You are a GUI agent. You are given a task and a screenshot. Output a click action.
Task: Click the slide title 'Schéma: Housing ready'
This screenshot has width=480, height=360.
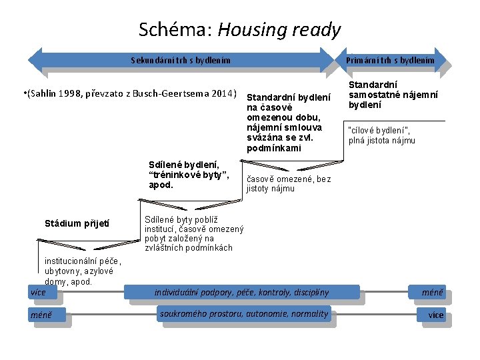click(x=239, y=30)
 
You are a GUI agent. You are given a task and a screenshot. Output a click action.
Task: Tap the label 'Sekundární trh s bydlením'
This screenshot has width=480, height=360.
click(x=181, y=60)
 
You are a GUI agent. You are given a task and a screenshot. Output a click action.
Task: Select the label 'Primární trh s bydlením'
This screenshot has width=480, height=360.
click(x=390, y=60)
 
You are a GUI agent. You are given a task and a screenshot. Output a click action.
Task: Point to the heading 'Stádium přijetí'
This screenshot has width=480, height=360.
click(x=77, y=223)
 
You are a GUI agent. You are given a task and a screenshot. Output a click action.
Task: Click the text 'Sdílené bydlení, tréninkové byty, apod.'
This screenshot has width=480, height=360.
click(x=189, y=174)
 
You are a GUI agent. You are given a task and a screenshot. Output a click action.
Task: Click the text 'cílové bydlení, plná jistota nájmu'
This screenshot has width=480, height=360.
click(x=381, y=135)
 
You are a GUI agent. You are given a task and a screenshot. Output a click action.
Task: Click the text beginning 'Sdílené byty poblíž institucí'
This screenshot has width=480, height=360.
click(x=193, y=233)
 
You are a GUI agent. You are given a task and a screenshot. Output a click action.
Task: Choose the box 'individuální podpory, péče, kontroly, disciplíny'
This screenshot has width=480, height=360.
click(x=241, y=292)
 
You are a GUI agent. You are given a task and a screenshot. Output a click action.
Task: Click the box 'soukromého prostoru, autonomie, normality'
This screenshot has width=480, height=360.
click(x=244, y=314)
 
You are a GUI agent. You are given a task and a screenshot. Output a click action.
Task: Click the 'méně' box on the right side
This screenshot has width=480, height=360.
click(x=432, y=292)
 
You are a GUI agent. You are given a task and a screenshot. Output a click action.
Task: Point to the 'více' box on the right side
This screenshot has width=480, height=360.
click(x=435, y=315)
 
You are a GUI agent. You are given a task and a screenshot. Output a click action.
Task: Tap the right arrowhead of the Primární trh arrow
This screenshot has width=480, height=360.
click(x=441, y=60)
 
